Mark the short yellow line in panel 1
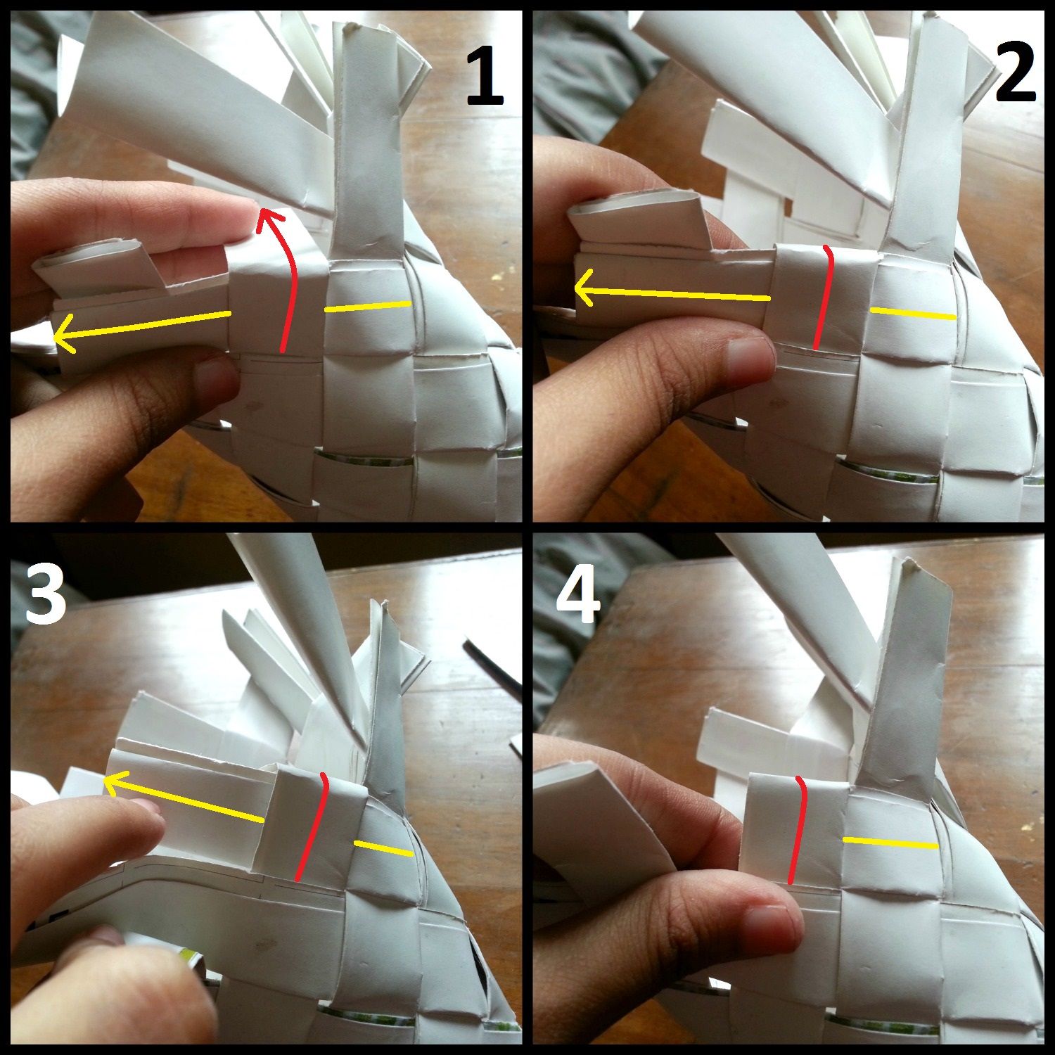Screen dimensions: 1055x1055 click(x=367, y=307)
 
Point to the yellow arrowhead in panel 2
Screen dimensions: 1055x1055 click(x=581, y=288)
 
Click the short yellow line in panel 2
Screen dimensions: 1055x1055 click(x=913, y=314)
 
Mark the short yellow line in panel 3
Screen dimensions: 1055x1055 click(x=383, y=848)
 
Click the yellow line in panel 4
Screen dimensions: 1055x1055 click(x=890, y=843)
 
